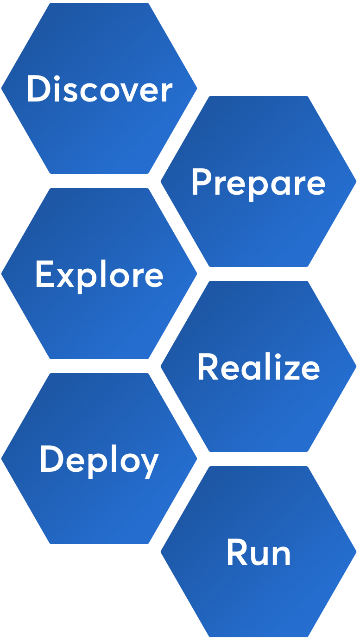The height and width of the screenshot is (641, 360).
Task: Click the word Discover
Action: click(x=99, y=89)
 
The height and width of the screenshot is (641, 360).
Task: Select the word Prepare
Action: click(x=258, y=182)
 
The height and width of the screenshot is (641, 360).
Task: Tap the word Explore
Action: click(x=99, y=274)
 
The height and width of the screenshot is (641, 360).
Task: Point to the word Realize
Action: click(x=258, y=367)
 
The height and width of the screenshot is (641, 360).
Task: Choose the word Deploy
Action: click(x=99, y=460)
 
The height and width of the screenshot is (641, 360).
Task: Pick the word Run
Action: click(x=258, y=552)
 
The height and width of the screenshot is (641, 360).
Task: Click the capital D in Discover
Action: click(x=38, y=89)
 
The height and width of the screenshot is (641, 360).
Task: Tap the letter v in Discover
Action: click(x=125, y=92)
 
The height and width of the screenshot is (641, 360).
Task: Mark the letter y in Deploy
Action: click(x=149, y=464)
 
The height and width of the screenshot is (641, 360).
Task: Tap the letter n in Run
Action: click(x=281, y=555)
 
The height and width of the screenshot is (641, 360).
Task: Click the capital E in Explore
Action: click(x=44, y=274)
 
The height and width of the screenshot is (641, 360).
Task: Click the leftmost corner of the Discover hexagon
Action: click(x=1, y=88)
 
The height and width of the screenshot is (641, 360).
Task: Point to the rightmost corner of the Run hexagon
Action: click(x=356, y=552)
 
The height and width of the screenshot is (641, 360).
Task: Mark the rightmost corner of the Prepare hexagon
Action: click(x=356, y=181)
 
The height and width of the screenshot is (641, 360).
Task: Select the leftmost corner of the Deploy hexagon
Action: click(x=1, y=459)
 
